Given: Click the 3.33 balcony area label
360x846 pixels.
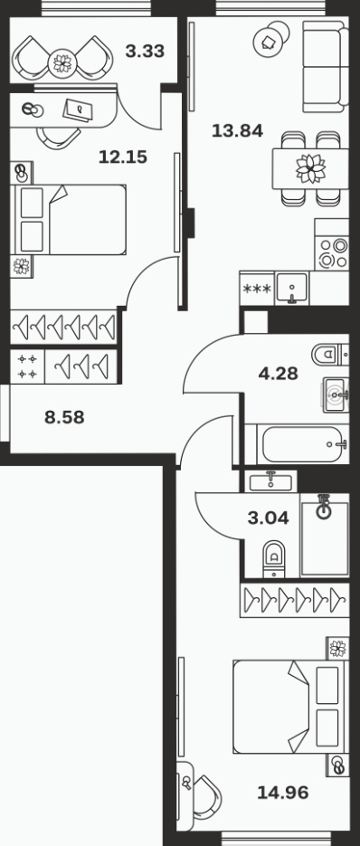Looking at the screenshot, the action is (x=145, y=52).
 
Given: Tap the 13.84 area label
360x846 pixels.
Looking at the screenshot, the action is (x=237, y=130).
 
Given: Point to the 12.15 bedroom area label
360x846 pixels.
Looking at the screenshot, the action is (x=122, y=157).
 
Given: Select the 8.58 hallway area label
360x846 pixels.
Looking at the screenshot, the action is (x=64, y=417).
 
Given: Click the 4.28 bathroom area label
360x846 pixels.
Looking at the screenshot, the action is (x=278, y=373).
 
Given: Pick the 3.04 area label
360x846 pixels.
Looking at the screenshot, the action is (x=269, y=518).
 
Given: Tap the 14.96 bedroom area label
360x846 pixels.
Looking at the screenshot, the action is (x=283, y=793).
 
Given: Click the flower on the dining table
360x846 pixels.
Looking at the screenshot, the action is (x=311, y=168).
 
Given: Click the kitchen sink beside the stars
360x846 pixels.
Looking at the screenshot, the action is (x=292, y=289).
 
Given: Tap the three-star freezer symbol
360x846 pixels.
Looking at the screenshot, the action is (x=257, y=289).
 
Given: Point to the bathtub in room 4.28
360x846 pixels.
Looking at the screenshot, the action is (x=303, y=444).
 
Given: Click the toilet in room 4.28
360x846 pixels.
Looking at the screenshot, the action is (x=329, y=355).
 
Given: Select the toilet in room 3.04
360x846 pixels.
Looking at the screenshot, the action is (x=274, y=559).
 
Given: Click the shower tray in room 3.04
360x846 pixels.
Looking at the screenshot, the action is (x=325, y=537).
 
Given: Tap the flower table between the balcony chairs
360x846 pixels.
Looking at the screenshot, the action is (x=62, y=63).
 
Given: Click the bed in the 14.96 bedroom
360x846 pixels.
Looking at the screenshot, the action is (x=289, y=707).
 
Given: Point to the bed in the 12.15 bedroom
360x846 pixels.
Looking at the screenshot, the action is (x=69, y=220).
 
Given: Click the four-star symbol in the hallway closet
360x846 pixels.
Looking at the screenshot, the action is (x=27, y=366).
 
